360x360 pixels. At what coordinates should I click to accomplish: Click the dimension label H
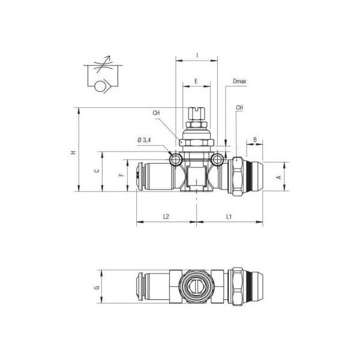[x=73, y=152]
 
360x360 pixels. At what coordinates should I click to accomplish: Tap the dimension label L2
[x=166, y=217]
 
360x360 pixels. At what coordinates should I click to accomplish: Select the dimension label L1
[x=229, y=217]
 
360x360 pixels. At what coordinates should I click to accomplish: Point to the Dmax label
[x=239, y=81]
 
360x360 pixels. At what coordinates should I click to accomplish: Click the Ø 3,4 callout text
[x=144, y=140]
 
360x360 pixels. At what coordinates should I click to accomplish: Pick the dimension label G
[x=97, y=287]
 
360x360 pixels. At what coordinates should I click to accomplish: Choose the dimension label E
[x=196, y=81]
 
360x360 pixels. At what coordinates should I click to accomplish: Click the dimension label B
[x=254, y=139]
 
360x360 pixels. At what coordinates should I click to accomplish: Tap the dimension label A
[x=279, y=177]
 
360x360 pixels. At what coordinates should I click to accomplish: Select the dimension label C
[x=97, y=171]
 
